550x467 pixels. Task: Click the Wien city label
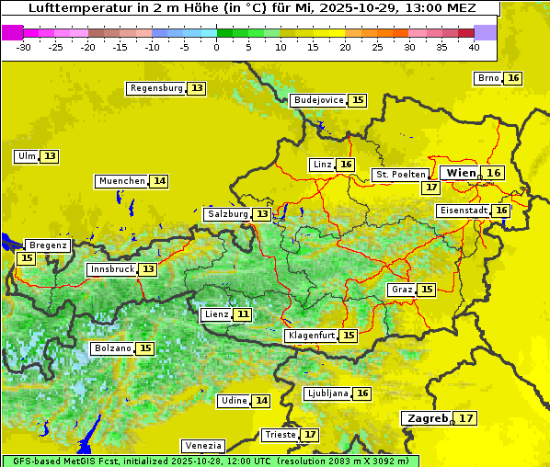461,173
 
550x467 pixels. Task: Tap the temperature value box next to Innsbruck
148,269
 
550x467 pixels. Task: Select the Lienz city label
216,314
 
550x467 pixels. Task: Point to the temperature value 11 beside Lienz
243,314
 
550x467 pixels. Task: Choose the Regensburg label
156,88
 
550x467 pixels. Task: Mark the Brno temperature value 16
513,78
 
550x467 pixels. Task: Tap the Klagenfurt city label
311,336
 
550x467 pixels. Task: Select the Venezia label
201,445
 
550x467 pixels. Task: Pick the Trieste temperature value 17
310,434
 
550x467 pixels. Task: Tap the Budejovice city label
318,100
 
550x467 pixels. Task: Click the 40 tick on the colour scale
474,46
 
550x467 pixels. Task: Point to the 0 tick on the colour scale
216,46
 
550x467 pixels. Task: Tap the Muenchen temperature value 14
160,181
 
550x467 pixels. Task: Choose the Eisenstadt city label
464,211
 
